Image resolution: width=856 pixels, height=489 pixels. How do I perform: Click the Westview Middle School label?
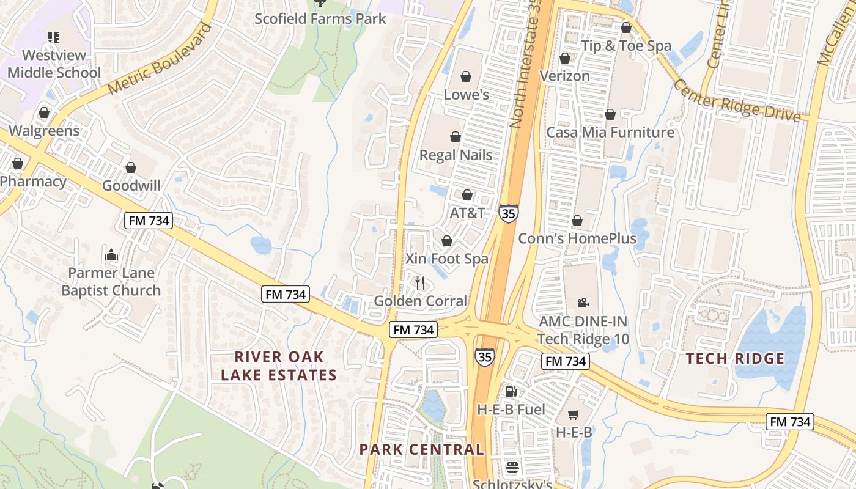(54, 64)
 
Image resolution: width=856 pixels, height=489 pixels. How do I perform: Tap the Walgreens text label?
(44, 131)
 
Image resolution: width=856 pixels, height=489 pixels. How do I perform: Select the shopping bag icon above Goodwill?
(131, 167)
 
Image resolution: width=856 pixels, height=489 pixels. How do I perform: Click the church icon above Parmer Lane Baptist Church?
(111, 254)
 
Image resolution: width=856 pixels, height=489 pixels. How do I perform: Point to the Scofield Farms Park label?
(320, 18)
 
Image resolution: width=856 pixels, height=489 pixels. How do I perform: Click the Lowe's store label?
(466, 94)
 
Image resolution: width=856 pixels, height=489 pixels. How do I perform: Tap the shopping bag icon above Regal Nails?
(456, 137)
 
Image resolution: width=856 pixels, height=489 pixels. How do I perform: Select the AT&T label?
(467, 213)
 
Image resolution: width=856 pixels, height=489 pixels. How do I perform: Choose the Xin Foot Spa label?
(447, 259)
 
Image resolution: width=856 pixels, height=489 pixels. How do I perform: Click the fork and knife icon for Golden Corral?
(420, 283)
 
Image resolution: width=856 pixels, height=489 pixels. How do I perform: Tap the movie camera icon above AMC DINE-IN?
(583, 303)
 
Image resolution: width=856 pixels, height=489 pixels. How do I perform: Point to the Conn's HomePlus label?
(577, 238)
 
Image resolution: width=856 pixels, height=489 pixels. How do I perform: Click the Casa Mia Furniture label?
(610, 132)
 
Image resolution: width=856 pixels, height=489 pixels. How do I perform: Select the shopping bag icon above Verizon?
(565, 58)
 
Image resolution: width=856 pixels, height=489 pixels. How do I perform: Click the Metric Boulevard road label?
(160, 58)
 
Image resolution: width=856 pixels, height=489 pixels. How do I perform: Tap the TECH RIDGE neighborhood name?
(735, 358)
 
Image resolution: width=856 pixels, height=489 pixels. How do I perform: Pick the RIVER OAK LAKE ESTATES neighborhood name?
(279, 366)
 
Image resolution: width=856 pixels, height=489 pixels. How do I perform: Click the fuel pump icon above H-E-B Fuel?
(511, 391)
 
